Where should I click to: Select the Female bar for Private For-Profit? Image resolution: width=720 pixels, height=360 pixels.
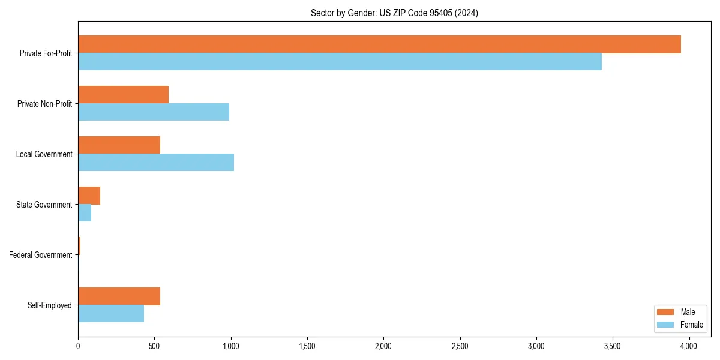click(340, 62)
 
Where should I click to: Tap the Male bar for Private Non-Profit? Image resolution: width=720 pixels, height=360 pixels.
click(123, 95)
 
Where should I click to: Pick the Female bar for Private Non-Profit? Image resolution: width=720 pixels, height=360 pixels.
click(154, 112)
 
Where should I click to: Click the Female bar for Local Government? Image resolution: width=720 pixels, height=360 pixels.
click(156, 163)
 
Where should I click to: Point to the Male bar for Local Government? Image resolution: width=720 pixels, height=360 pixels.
click(119, 145)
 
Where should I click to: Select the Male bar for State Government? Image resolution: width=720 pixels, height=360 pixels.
click(89, 196)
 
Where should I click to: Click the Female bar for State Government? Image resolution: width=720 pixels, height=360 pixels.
click(85, 213)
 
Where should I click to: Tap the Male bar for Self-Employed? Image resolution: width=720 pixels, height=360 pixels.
click(119, 296)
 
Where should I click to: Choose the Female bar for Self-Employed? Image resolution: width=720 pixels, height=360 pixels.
click(111, 314)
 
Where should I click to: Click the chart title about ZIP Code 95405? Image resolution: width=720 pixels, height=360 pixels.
click(394, 13)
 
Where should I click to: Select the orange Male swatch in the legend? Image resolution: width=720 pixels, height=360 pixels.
click(665, 312)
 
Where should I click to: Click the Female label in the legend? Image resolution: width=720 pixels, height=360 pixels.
click(691, 325)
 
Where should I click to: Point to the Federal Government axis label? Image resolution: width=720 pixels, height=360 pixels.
click(41, 255)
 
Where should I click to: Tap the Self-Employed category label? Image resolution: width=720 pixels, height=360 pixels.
click(50, 305)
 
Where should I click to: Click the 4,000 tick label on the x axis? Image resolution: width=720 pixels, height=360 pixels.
click(689, 346)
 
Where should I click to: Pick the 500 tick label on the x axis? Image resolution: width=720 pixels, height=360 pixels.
click(154, 346)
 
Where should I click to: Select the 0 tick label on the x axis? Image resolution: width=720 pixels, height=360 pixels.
click(78, 346)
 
